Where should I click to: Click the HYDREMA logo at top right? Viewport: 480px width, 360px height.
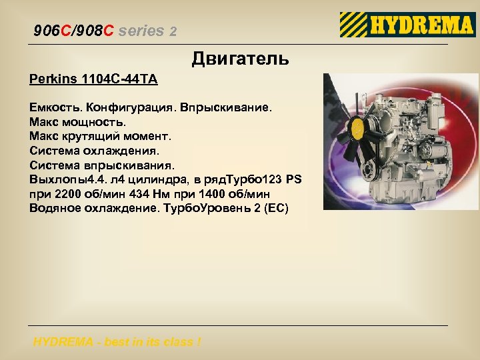(407, 25)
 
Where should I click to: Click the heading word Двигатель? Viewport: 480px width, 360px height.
(241, 59)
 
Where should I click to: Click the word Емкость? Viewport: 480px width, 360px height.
(55, 107)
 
